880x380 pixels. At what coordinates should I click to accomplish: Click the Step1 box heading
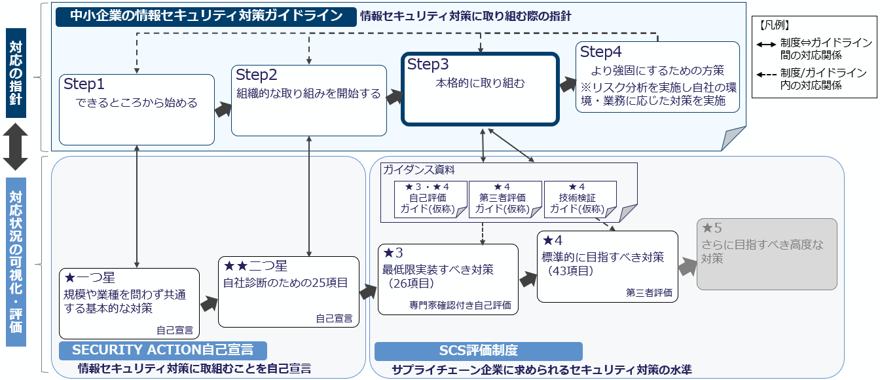click(84, 85)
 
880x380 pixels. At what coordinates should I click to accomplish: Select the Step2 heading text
click(257, 75)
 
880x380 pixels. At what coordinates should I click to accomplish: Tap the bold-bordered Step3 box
click(480, 88)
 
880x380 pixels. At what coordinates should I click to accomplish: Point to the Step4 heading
click(601, 52)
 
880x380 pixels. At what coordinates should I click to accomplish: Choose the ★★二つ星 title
click(255, 265)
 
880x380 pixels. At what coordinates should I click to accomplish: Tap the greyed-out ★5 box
click(767, 254)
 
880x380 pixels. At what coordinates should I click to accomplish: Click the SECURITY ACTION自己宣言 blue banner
click(162, 350)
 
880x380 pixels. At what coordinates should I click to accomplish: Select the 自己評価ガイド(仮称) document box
click(430, 199)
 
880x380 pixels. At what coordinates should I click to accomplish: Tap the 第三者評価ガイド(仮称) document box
click(504, 199)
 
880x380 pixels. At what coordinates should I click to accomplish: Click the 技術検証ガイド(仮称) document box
click(580, 199)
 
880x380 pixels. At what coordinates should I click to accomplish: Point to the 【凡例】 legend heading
click(775, 26)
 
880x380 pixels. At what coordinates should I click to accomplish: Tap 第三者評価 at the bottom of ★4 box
click(649, 293)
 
